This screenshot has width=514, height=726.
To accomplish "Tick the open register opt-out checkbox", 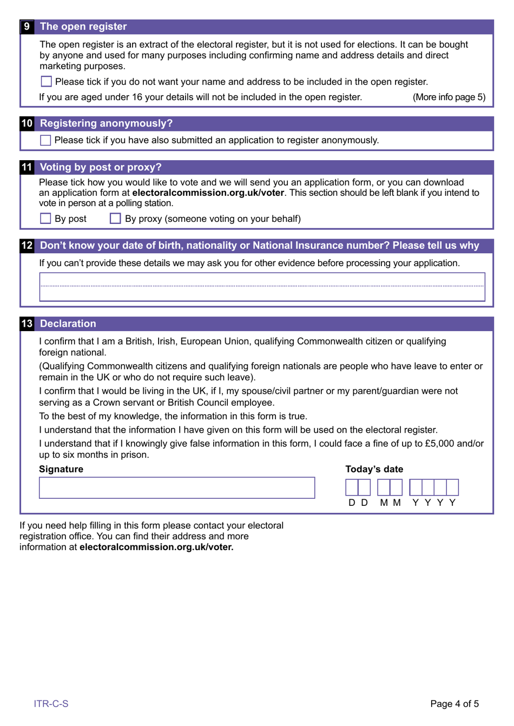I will click(47, 82).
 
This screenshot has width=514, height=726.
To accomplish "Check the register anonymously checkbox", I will click(46, 140).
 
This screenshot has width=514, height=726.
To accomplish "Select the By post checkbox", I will click(46, 219).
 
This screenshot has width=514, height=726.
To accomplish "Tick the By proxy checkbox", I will click(115, 219).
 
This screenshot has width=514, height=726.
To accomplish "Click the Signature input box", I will click(176, 487).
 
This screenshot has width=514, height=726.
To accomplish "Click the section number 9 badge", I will click(27, 27).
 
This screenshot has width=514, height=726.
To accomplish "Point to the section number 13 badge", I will click(27, 324).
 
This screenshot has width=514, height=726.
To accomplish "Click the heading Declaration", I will click(68, 324).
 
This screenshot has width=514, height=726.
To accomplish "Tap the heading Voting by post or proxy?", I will click(101, 167).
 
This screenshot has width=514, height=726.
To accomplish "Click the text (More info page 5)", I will click(449, 97).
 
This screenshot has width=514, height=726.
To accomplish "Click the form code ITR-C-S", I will click(51, 704).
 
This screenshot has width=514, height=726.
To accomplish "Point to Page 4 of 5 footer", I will click(454, 704).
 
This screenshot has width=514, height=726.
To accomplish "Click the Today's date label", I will click(374, 469).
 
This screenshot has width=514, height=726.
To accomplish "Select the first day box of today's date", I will click(352, 487).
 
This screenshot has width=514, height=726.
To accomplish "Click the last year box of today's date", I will click(453, 487).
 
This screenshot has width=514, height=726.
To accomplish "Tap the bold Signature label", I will click(61, 469).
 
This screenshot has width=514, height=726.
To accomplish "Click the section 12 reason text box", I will click(262, 287).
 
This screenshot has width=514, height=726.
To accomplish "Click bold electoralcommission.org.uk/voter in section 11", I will click(208, 193).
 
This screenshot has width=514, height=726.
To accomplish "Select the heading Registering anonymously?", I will click(106, 123).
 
